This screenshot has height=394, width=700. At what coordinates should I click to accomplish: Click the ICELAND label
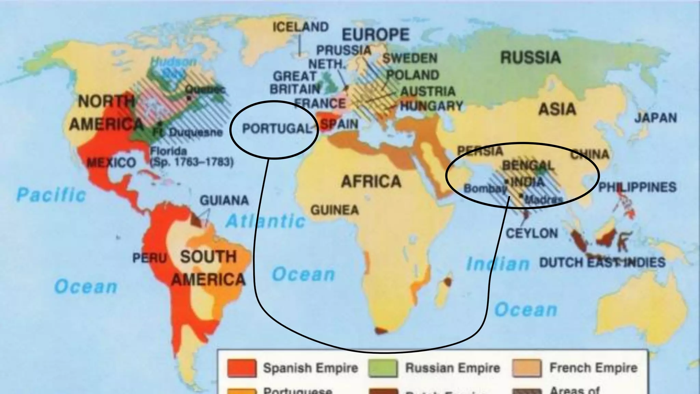[x=300, y=27]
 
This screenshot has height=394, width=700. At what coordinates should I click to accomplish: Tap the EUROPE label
[x=376, y=35]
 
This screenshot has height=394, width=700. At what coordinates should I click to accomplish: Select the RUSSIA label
[x=530, y=57]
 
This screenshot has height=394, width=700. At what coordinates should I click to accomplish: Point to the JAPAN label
[x=656, y=118]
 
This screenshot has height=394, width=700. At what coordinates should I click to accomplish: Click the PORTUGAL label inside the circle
[x=277, y=129]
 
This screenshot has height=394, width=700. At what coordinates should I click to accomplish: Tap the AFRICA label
[x=371, y=181]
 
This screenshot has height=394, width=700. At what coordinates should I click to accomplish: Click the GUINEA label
[x=335, y=210]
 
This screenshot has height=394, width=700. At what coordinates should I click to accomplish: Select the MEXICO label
[x=111, y=162]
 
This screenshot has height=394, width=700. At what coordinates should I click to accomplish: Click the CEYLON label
[x=531, y=234]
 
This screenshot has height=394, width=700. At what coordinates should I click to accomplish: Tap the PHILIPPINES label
[x=637, y=187]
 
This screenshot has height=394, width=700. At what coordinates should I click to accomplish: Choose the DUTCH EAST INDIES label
[x=602, y=263]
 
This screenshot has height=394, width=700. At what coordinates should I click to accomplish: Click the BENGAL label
[x=527, y=166]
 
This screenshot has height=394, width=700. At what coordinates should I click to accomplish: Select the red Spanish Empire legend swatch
[x=242, y=368]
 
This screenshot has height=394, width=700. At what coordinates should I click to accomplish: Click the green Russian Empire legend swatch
[x=383, y=368]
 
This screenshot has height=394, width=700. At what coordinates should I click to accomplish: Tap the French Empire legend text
[x=593, y=368]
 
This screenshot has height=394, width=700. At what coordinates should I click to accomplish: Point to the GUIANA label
[x=224, y=200]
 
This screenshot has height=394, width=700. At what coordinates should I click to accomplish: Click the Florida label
[x=169, y=151]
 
